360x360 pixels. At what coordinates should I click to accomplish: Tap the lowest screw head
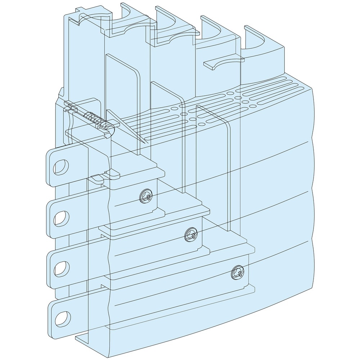click(x=238, y=273)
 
